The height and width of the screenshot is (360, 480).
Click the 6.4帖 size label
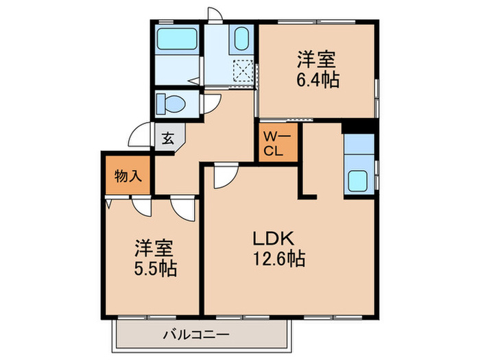coord(317,79)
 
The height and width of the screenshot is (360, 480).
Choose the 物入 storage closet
coord(128,176)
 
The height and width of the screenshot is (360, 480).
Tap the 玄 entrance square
coord(167,139)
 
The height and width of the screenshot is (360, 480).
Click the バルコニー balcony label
coord(198,336)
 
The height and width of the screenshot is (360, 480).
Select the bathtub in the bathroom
coord(176,40)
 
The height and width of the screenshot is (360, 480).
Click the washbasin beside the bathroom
coord(240,39)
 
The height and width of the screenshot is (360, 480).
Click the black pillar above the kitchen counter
coord(359,127)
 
